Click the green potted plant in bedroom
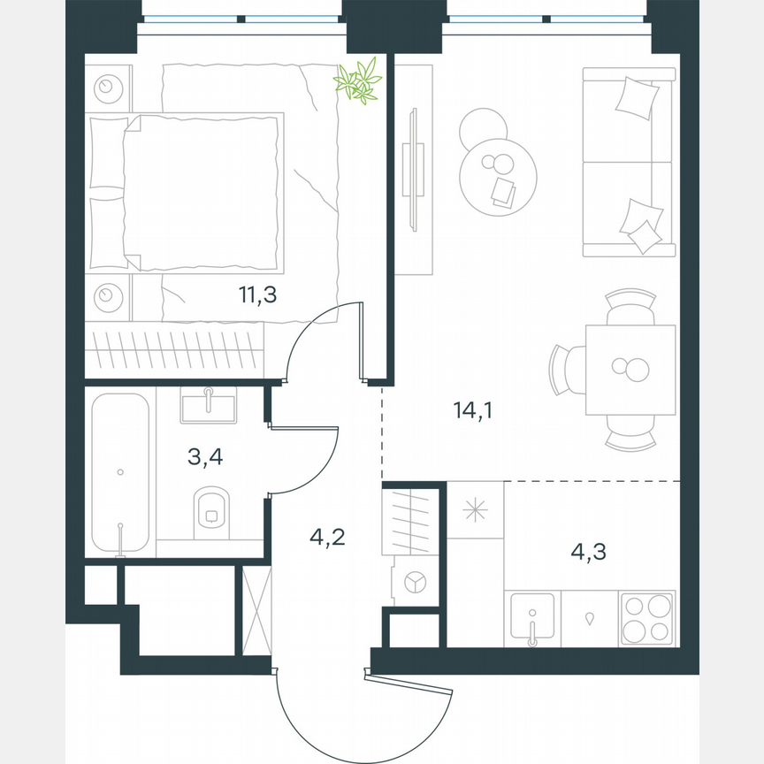click(x=358, y=82)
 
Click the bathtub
click(x=120, y=473)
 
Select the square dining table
click(x=630, y=369)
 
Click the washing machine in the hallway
click(x=414, y=581)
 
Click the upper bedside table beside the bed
click(x=109, y=87)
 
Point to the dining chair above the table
click(x=630, y=306)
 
